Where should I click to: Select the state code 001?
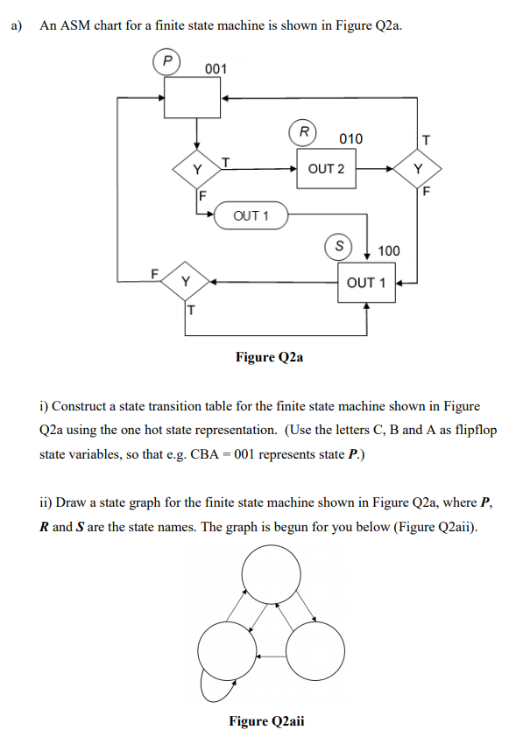[x=216, y=69]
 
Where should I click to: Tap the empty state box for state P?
[x=194, y=99]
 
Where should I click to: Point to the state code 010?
[x=350, y=139]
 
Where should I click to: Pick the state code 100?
[x=388, y=251]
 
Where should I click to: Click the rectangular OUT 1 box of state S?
[x=366, y=282]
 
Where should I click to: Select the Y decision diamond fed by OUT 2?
[x=418, y=168]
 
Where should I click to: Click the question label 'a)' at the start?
[x=18, y=25]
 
